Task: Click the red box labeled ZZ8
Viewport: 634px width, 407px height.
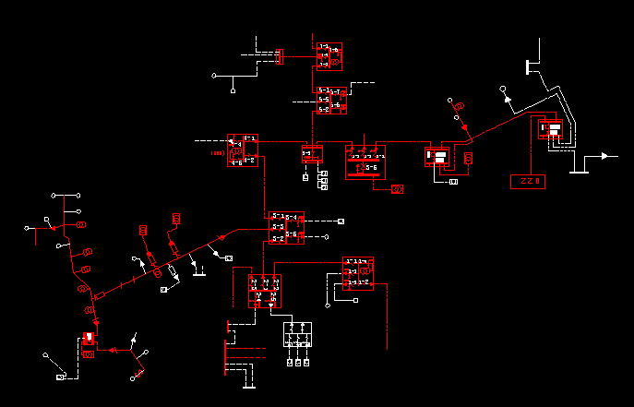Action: pos(528,181)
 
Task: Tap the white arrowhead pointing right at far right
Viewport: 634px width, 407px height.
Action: pos(607,156)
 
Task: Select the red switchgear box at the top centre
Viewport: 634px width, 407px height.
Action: pos(329,56)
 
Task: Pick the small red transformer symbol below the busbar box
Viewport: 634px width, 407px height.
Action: pos(398,189)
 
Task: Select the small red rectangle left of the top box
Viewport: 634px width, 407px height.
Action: pos(279,57)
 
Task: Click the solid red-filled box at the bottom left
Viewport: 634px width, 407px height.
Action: pos(89,338)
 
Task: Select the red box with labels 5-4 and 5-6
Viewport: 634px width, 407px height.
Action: pos(285,228)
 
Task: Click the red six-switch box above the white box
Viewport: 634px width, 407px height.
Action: pos(265,291)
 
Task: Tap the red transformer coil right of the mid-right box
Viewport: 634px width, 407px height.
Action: pos(468,159)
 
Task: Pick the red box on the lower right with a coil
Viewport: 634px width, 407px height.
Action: pos(358,272)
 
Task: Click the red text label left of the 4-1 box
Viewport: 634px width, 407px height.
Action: pos(218,152)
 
